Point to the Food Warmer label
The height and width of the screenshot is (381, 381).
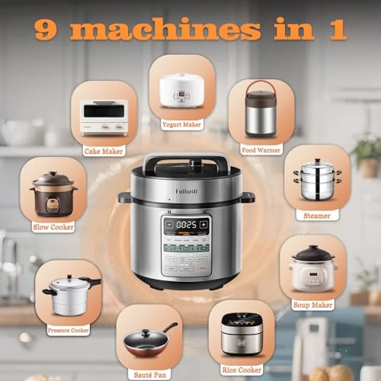coord(261,149)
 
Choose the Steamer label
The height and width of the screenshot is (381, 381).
coord(318,216)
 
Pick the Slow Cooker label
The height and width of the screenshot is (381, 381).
coord(53,226)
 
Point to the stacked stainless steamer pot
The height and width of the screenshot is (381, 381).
coord(317,181)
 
